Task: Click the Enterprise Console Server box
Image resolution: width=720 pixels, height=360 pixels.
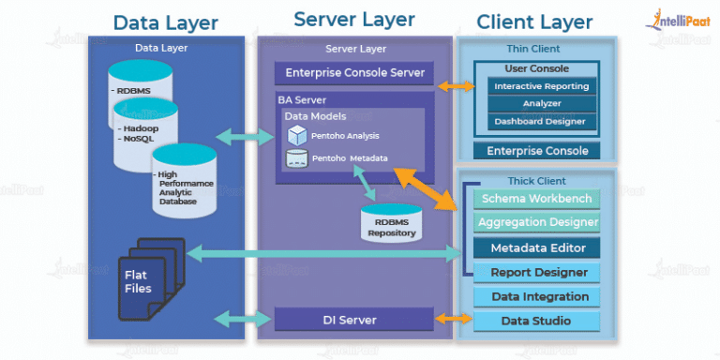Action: pos(354,73)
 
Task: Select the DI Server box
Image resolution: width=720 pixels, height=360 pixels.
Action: pos(354,320)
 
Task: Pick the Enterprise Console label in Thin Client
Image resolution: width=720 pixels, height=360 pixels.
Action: pos(537,151)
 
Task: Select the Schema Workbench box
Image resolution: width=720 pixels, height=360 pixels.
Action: pos(535,199)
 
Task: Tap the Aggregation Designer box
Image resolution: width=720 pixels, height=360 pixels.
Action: pos(535,223)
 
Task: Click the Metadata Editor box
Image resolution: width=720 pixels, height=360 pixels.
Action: pos(535,247)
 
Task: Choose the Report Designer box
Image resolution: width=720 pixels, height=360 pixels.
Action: pos(535,273)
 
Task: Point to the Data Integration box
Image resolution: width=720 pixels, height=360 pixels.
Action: pos(535,297)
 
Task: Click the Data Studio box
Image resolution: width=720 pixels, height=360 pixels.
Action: pos(535,322)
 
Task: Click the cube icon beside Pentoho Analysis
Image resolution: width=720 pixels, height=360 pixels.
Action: pos(297,135)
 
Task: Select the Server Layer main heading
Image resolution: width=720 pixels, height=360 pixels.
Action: pos(353,20)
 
